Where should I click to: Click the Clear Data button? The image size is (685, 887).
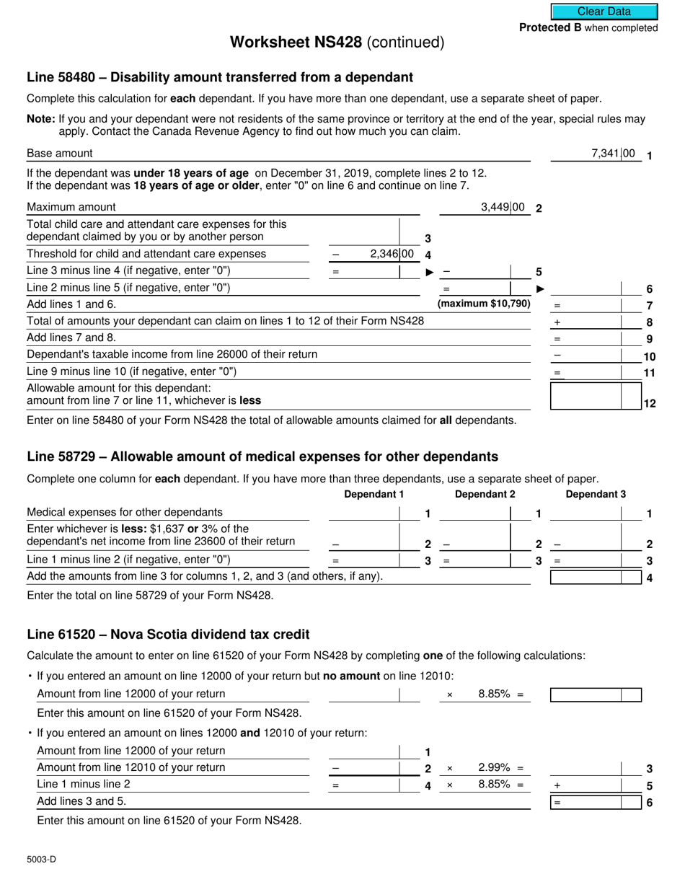click(x=604, y=12)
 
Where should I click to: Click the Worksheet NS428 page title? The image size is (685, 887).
click(x=337, y=43)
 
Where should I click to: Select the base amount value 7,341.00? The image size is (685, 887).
click(x=613, y=153)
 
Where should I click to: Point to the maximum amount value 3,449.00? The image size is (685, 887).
click(x=503, y=208)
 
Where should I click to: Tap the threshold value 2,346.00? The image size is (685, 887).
click(x=392, y=254)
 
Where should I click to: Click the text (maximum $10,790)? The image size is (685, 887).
click(x=484, y=304)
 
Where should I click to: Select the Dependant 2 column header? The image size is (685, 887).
click(x=485, y=494)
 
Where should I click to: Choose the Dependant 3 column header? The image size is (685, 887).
click(x=596, y=494)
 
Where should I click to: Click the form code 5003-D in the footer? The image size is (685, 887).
click(x=41, y=859)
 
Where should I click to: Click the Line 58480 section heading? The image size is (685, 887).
click(x=219, y=77)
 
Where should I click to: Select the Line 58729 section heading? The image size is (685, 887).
click(x=262, y=456)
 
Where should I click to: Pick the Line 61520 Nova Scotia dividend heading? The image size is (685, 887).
click(x=168, y=635)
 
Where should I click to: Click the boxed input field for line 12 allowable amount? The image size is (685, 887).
click(x=595, y=396)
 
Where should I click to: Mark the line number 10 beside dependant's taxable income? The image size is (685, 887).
click(x=649, y=356)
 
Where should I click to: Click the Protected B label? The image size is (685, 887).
click(x=588, y=28)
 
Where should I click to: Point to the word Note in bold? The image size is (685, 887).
click(x=40, y=119)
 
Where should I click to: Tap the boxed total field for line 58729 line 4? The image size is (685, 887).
click(x=595, y=576)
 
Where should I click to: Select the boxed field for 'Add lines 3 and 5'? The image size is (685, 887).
click(x=595, y=801)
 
